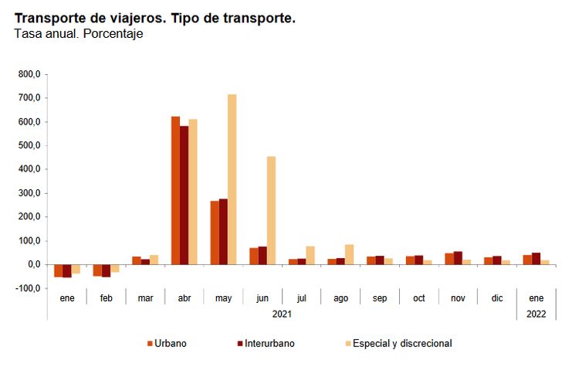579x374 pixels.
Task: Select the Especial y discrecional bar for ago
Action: pos(349,254)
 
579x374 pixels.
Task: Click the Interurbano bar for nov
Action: pos(458,258)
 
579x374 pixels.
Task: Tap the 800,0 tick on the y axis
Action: pos(29,74)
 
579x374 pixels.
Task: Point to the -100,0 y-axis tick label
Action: pos(28,288)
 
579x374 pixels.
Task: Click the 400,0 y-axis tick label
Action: pos(29,169)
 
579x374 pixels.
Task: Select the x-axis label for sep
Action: pos(380,297)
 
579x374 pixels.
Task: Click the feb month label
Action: pos(106,297)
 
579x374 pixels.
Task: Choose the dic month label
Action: pos(497,297)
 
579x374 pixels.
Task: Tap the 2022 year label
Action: pos(537,314)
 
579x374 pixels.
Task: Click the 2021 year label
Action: pos(282,314)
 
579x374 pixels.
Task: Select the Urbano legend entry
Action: pos(171,343)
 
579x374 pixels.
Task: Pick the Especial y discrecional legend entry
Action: pos(401,343)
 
